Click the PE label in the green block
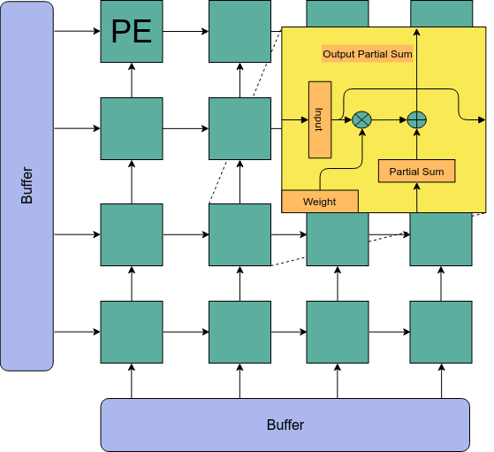tap(132, 31)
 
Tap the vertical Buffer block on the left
tap(27, 186)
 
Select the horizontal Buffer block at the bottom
tap(285, 425)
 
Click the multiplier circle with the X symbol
tap(361, 120)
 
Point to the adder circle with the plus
tap(417, 120)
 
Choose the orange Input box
tap(320, 120)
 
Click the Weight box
tap(320, 202)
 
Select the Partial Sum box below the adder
tap(416, 172)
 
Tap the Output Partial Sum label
tap(368, 54)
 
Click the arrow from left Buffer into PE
tap(77, 31)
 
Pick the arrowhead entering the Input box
tap(305, 120)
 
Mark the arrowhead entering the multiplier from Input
tap(348, 120)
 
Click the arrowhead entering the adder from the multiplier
tap(403, 120)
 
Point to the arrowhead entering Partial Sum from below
tap(417, 187)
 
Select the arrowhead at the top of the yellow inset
tap(417, 32)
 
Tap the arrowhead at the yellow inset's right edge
tap(482, 120)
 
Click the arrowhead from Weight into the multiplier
tap(362, 133)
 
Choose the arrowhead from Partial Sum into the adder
tap(417, 132)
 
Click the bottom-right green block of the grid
tap(441, 332)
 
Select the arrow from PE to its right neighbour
tap(186, 31)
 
